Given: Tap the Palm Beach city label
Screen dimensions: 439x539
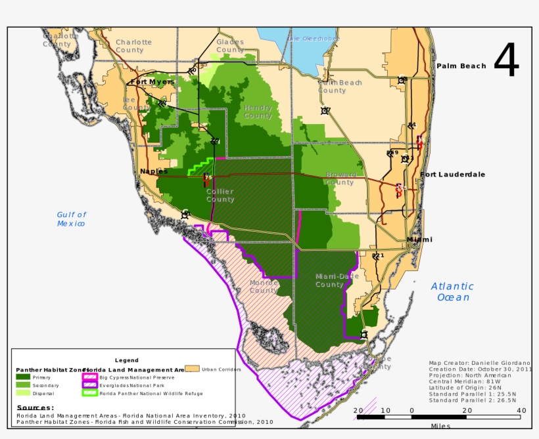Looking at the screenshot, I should click(461, 66).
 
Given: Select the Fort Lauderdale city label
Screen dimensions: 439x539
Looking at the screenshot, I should click(453, 175).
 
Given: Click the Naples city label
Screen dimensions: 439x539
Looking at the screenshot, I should click(153, 171).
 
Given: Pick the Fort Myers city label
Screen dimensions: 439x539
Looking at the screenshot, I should click(152, 82).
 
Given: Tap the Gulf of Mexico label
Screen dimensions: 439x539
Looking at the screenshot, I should click(71, 219).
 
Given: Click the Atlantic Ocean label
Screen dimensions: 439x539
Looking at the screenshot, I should click(452, 292).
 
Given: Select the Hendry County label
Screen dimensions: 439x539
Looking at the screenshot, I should click(258, 112).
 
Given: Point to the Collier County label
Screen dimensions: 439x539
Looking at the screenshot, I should click(220, 195).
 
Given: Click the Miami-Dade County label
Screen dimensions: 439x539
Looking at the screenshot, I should click(338, 280).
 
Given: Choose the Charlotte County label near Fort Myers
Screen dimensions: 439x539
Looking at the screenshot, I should click(133, 46).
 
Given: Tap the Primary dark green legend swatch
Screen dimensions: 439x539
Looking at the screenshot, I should click(23, 377).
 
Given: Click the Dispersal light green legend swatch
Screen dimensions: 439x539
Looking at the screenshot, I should click(23, 393).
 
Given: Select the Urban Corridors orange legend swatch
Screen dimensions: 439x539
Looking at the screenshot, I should click(192, 369).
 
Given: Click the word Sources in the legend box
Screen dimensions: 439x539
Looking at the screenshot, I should click(35, 408).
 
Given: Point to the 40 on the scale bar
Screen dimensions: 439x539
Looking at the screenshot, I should click(521, 411).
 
